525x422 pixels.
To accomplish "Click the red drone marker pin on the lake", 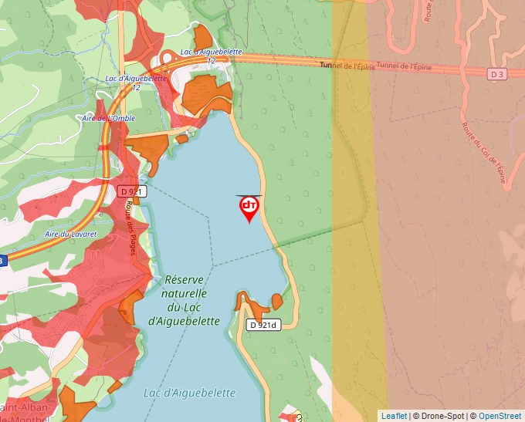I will [249, 208].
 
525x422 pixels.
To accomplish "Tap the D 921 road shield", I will [132, 191].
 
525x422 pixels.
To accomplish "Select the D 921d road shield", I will [262, 325].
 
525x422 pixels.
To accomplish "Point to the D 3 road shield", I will [496, 74].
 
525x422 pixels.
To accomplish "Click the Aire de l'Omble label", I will [109, 118].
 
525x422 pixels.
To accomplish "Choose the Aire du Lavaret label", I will [70, 234].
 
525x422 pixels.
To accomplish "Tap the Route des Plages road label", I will [136, 228].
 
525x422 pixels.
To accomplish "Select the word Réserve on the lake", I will [184, 280].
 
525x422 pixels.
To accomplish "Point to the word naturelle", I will [184, 294].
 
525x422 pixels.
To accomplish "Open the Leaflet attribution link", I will [394, 416].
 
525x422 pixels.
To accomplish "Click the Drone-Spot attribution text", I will [439, 416].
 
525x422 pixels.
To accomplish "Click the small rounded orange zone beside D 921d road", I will [277, 301].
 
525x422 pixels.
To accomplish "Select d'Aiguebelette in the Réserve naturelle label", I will [184, 321].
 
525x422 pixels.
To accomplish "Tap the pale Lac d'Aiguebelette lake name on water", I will [189, 393].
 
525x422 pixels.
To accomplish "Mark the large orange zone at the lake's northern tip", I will [205, 93].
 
